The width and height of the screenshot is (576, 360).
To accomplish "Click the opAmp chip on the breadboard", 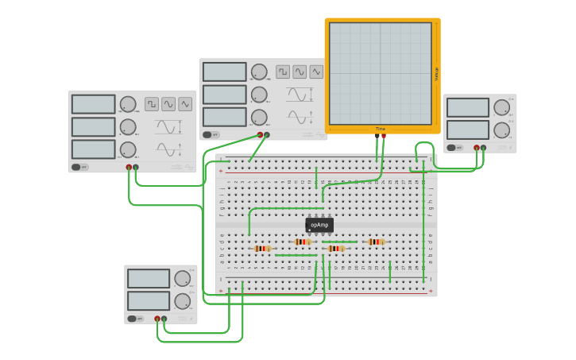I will point(319,225).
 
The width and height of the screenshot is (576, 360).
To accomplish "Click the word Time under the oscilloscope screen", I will point(381,129).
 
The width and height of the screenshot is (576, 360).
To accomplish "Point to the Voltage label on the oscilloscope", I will point(436,74).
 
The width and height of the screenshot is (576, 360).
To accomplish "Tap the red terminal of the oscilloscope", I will point(384,136).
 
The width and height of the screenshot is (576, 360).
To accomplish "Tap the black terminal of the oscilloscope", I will point(377,136).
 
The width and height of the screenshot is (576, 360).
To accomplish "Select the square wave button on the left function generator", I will point(152,104).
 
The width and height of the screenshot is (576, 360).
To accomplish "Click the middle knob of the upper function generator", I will point(259,95).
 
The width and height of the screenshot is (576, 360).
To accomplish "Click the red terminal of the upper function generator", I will point(260,135).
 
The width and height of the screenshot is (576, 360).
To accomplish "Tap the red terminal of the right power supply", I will point(477,147).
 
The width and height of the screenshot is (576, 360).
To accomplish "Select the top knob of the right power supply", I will point(501,107).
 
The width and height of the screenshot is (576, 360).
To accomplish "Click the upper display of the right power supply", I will point(468,107).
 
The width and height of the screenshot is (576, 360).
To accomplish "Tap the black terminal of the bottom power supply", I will point(164,319).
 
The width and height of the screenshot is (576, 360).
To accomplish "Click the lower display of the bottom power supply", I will point(149,300).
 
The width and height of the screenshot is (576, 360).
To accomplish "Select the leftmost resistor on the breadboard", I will point(262,249).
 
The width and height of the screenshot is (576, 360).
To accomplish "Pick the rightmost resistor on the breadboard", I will point(376,242).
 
